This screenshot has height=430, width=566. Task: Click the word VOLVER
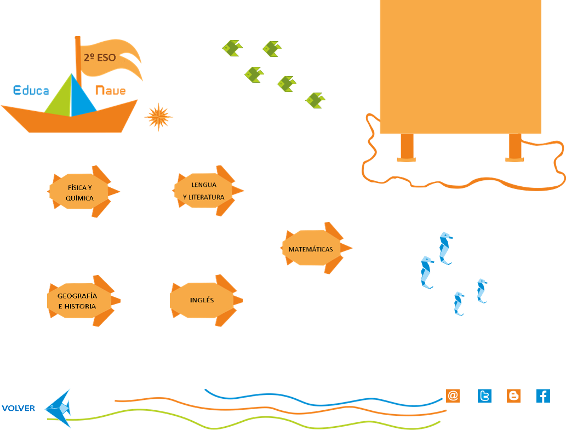(x=19, y=408)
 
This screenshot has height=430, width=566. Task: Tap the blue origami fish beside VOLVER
(x=58, y=409)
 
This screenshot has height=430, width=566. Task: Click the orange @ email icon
(x=453, y=395)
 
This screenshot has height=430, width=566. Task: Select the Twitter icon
(x=484, y=395)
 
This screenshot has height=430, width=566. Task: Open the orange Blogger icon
(x=513, y=395)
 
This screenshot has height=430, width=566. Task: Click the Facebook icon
(x=543, y=395)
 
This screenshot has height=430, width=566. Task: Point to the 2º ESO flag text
(x=100, y=58)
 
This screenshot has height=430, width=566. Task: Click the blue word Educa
(x=31, y=90)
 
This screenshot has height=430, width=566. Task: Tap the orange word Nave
(x=111, y=90)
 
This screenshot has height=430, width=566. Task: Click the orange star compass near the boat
(x=158, y=117)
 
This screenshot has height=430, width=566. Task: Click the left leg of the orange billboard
(x=407, y=147)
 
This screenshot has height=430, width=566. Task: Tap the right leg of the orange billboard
(x=514, y=147)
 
